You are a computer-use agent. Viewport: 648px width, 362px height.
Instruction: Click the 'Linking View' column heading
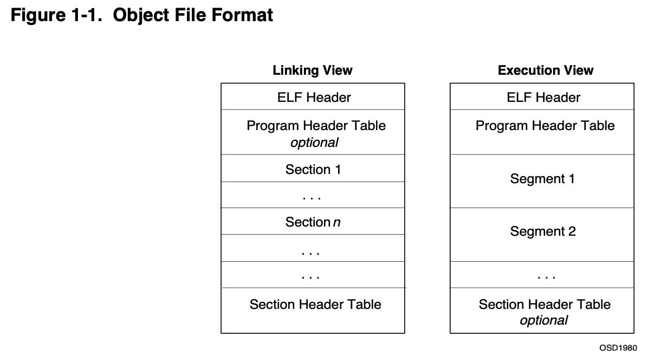click(313, 70)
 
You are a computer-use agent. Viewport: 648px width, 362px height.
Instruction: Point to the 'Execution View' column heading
click(546, 70)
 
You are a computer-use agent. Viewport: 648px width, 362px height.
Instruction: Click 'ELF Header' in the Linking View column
click(314, 98)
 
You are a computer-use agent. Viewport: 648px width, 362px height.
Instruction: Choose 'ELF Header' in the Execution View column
click(543, 98)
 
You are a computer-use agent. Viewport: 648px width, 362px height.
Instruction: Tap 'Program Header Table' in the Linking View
click(316, 126)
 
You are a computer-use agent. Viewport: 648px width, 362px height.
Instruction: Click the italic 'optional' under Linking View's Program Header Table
click(314, 143)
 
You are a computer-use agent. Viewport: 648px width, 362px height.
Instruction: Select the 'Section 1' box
click(313, 169)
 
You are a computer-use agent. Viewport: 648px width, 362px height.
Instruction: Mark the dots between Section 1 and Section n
click(312, 198)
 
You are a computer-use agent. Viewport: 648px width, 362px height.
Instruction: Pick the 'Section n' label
click(313, 222)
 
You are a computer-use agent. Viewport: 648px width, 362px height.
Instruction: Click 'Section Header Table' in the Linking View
click(315, 305)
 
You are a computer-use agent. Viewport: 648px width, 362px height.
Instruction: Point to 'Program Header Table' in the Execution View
click(545, 126)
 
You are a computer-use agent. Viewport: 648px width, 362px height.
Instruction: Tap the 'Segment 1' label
click(542, 179)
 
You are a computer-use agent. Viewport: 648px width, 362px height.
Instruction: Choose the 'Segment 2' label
click(543, 232)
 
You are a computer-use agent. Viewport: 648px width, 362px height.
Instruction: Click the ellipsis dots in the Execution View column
click(546, 277)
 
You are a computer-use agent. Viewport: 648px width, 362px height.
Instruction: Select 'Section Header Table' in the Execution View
click(545, 305)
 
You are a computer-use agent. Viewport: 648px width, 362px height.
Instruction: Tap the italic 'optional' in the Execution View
click(543, 320)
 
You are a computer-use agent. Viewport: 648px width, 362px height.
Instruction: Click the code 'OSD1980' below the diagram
click(618, 347)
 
